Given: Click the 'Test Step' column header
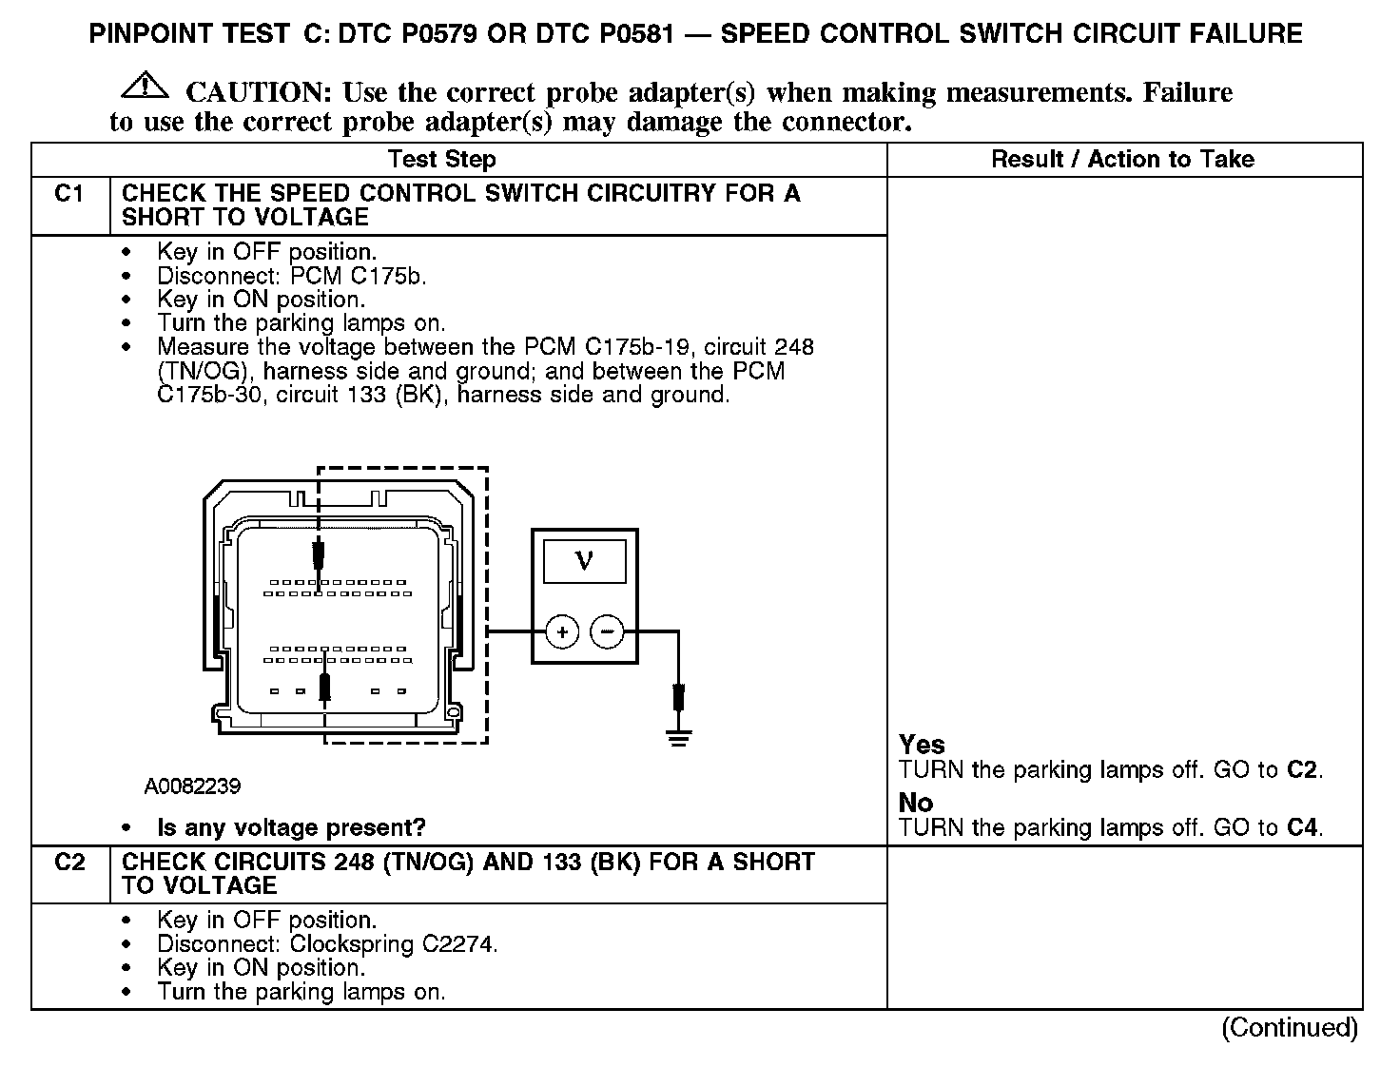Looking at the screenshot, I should (x=441, y=160).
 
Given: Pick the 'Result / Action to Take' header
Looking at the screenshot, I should (x=1122, y=160).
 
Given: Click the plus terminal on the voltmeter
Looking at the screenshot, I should (x=563, y=631).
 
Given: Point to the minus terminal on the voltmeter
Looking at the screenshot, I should (x=608, y=631).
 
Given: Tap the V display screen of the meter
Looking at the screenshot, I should (x=585, y=561).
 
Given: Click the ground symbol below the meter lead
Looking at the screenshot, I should (x=678, y=737).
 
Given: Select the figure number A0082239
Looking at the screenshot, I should (x=192, y=787).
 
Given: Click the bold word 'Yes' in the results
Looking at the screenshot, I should (x=922, y=745).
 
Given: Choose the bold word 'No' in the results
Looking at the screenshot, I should (x=915, y=803).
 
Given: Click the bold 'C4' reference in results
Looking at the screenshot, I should (x=1302, y=827).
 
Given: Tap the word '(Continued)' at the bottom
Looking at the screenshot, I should (x=1290, y=1027).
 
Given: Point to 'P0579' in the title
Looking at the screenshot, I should (x=432, y=35).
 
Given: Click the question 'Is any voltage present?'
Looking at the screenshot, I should (x=291, y=827).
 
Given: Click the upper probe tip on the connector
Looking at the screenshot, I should (x=320, y=554).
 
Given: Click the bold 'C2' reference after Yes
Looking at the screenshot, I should (x=1302, y=769).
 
